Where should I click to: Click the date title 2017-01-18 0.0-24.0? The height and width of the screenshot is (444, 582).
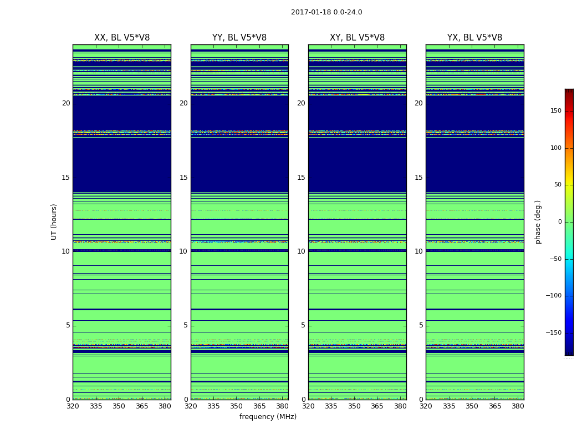coord(326,12)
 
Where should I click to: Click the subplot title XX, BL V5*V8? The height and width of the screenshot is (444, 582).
coord(122,38)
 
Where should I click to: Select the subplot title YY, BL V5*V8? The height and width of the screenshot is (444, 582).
coord(239,38)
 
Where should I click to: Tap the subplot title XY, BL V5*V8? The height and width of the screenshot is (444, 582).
coord(357,38)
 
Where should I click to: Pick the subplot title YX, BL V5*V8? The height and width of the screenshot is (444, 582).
coord(474,38)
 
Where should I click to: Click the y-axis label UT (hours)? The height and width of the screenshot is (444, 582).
coord(54,221)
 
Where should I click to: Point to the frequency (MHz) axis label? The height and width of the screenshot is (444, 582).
coord(268,417)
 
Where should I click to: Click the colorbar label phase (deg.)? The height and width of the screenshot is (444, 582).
coord(538,221)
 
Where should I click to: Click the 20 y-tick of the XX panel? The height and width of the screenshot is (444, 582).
coord(66,103)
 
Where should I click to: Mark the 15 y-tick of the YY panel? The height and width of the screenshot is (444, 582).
coord(183,178)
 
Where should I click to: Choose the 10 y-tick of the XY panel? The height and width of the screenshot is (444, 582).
coord(301,251)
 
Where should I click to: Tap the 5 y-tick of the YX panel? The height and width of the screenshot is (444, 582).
coord(421,325)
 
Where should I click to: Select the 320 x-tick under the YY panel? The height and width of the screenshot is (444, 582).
coord(191,406)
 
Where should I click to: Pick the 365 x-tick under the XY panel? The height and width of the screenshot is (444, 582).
coord(377,406)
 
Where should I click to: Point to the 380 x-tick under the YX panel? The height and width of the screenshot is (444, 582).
coord(518,406)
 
